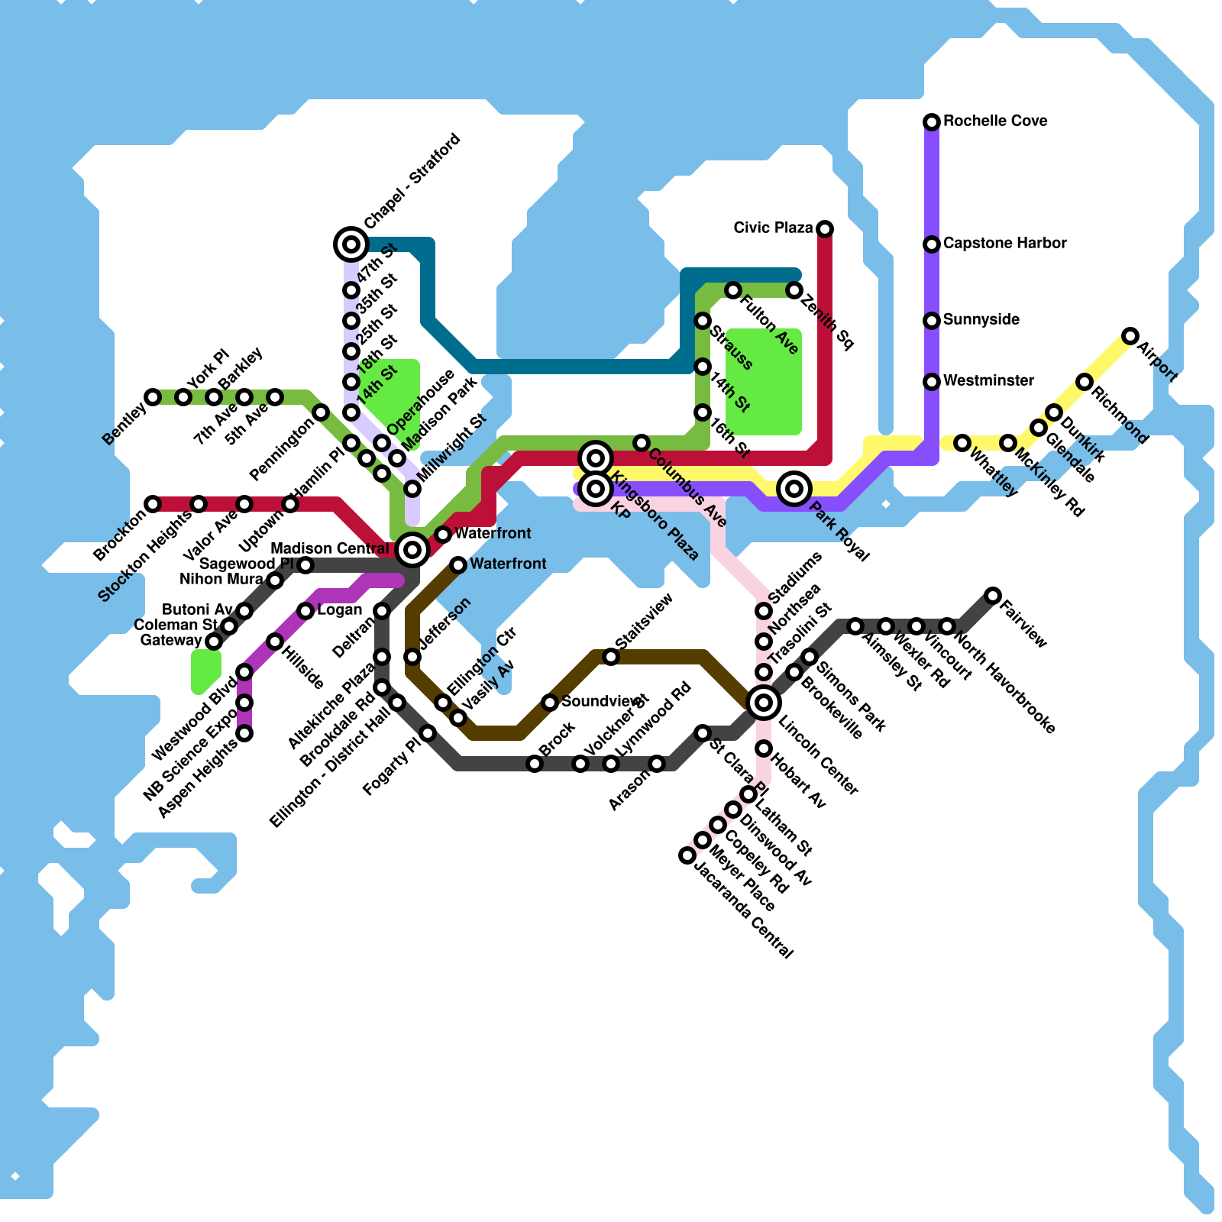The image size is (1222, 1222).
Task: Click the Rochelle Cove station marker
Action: [x=932, y=122]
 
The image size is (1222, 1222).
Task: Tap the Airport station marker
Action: [x=1130, y=336]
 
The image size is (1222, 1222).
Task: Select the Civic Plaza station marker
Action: [x=825, y=229]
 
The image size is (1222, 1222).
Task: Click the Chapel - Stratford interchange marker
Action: [x=351, y=244]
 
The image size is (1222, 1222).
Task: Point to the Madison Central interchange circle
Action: [x=412, y=549]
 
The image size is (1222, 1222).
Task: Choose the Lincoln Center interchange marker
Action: [x=764, y=703]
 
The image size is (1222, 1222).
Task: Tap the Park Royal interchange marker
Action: [x=794, y=488]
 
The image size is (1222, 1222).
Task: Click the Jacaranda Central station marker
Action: [x=687, y=855]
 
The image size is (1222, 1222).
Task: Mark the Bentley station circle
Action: [x=153, y=397]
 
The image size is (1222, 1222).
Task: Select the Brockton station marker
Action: [x=153, y=504]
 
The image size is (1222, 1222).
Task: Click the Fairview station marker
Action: [x=993, y=596]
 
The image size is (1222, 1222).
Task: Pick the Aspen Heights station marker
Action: [x=244, y=733]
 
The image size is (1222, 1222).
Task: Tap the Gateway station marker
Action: [x=214, y=642]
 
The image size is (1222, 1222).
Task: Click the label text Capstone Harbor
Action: [x=1004, y=244]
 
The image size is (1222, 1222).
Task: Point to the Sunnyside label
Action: [x=981, y=320]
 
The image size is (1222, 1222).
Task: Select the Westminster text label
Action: [x=988, y=381]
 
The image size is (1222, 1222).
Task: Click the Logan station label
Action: [x=339, y=610]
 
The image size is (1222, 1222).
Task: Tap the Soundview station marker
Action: [x=550, y=703]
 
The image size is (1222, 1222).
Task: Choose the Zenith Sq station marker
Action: [x=794, y=290]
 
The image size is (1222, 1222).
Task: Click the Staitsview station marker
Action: [x=611, y=657]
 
